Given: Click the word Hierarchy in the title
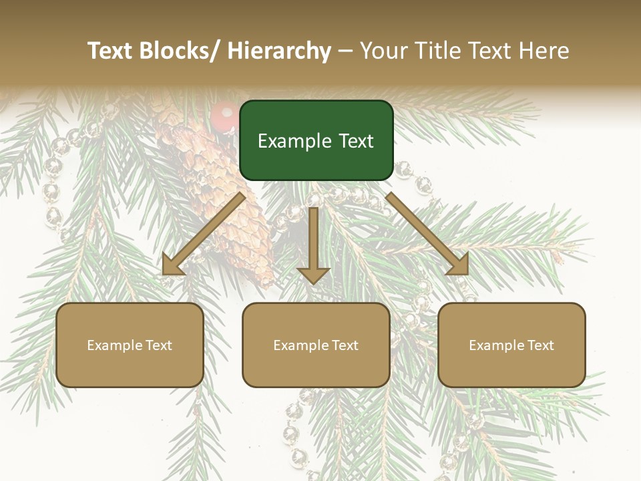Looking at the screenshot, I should pyautogui.click(x=279, y=51).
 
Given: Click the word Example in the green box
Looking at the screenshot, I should pyautogui.click(x=291, y=142).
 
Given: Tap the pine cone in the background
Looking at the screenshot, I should pyautogui.click(x=227, y=200).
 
